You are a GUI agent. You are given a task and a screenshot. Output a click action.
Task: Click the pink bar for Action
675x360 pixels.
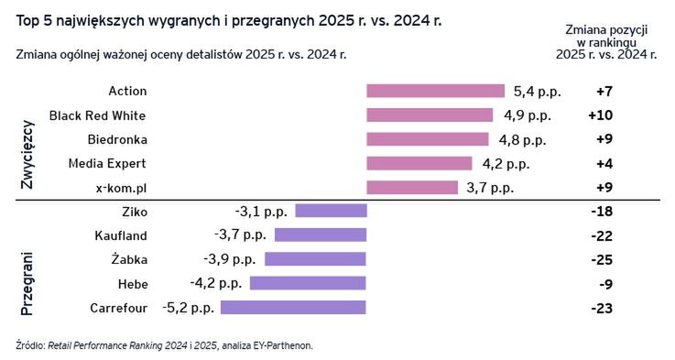[x=435, y=91]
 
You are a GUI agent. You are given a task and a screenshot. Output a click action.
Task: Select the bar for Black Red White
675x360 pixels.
[x=430, y=115]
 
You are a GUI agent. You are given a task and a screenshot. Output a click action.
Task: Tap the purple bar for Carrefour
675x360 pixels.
[x=293, y=307]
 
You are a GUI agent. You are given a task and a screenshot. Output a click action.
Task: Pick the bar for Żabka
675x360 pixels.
[x=316, y=259]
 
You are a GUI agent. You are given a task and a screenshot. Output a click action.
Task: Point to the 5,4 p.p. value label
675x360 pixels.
[x=538, y=91]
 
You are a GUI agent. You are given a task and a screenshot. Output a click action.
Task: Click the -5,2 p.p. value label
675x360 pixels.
[x=188, y=307]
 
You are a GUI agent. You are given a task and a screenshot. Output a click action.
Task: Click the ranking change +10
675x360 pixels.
[x=600, y=115]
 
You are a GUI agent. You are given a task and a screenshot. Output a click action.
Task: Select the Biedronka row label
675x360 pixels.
[x=117, y=139]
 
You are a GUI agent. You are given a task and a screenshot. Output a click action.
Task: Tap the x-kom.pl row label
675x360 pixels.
[x=121, y=187]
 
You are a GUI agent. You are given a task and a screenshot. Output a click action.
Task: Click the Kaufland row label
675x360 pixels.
[x=121, y=235]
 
